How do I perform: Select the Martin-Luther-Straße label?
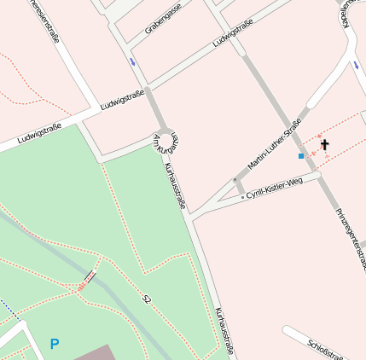point(275,143)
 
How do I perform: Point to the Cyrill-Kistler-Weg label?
point(274,189)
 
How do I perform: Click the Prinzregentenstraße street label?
point(350,238)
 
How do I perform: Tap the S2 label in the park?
point(147,299)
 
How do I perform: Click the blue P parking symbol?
point(55,344)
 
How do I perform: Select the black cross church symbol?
point(324,146)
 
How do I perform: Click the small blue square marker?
point(301,156)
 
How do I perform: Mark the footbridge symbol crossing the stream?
point(87,279)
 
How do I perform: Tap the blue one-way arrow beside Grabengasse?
point(132,61)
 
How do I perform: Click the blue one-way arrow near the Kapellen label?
point(355,64)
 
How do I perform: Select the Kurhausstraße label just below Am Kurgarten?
point(174,186)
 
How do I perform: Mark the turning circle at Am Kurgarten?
point(169,137)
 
